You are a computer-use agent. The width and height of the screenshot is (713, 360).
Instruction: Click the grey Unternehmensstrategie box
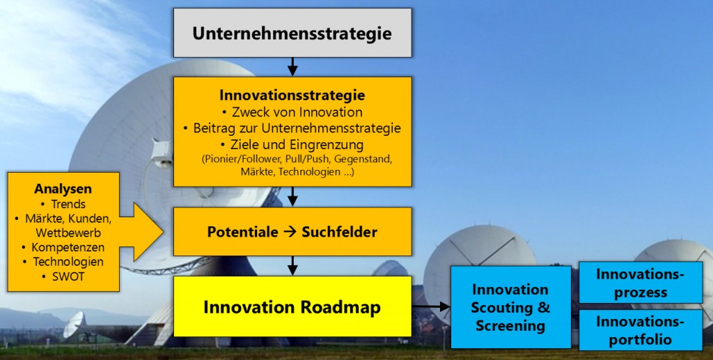click(292, 33)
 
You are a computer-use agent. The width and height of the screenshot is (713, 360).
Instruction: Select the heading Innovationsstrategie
click(292, 95)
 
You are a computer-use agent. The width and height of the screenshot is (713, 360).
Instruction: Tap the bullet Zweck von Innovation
click(292, 112)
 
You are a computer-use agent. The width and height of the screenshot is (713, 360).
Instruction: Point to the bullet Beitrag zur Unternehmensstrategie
click(292, 128)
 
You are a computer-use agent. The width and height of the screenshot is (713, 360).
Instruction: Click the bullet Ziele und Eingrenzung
click(292, 145)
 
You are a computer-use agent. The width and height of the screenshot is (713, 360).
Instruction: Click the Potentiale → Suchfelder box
click(292, 232)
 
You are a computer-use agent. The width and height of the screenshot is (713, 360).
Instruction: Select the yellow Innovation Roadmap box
click(292, 306)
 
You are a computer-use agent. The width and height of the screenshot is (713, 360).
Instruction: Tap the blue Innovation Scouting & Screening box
click(510, 307)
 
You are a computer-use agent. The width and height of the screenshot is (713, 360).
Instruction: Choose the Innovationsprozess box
click(641, 283)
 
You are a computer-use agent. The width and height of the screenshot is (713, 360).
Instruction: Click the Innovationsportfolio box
click(641, 330)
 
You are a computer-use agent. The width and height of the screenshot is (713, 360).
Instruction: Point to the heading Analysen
click(63, 189)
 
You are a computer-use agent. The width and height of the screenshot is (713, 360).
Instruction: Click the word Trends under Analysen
click(64, 204)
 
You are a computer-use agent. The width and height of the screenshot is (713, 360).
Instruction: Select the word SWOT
click(64, 276)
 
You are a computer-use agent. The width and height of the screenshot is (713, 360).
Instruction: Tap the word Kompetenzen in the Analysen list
click(64, 247)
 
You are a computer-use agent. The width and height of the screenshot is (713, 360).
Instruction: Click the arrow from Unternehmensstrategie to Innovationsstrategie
click(292, 67)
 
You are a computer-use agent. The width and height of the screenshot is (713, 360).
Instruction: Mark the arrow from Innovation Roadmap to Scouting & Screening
click(431, 307)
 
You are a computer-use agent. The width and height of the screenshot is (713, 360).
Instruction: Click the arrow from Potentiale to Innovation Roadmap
click(292, 266)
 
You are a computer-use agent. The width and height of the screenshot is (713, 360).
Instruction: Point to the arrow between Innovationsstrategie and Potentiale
click(292, 197)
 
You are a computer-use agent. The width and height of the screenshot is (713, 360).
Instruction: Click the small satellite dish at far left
click(74, 324)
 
